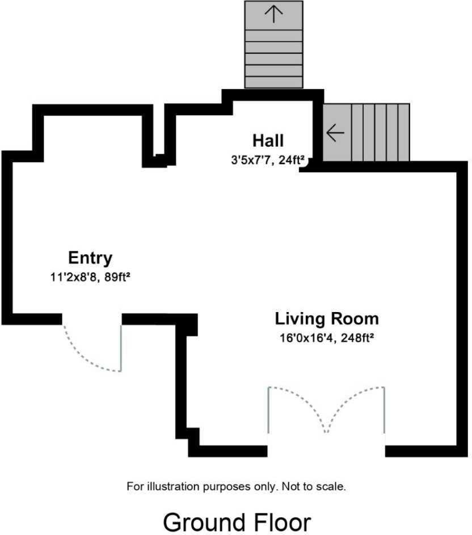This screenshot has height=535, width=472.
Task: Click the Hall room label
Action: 268,141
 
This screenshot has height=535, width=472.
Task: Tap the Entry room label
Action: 90,258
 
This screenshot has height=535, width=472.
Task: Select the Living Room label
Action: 327,319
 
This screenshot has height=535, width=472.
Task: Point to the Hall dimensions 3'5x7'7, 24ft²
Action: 267,159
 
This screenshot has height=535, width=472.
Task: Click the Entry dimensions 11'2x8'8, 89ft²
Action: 90,277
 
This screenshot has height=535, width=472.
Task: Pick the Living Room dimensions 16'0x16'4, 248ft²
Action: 327,338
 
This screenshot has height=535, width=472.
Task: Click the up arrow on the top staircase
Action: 273,15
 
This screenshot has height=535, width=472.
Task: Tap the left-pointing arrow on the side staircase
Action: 335,132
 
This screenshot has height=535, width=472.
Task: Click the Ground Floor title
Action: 237,522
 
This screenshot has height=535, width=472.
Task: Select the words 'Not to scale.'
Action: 314,486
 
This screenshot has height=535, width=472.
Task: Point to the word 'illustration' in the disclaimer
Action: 174,486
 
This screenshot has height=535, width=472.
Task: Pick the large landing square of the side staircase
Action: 337,132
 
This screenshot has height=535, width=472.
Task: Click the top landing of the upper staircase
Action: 273,15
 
